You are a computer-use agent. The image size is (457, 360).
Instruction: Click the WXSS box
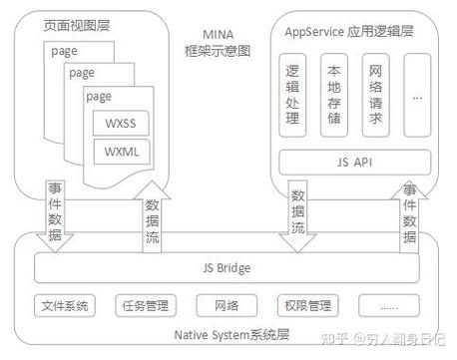click(x=127, y=125)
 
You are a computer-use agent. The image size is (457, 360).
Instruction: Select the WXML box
click(x=127, y=153)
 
